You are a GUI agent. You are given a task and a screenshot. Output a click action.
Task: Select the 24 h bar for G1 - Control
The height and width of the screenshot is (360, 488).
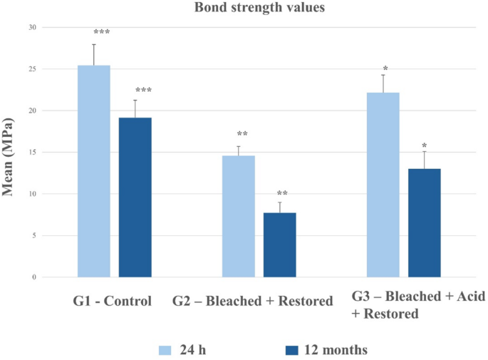tap(94, 171)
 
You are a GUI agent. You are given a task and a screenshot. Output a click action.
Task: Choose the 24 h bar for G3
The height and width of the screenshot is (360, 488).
tap(383, 185)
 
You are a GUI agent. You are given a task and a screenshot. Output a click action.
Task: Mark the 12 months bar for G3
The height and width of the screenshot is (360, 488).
tap(424, 222)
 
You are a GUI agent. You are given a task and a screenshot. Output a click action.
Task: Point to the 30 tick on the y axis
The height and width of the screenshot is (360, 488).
tap(32, 27)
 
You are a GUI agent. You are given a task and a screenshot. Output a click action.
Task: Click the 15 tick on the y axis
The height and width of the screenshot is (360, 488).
tap(32, 153)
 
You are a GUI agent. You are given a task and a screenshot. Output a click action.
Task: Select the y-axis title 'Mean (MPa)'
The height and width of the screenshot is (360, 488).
tap(11, 153)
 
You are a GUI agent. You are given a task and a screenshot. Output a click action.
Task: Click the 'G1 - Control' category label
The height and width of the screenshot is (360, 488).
tap(113, 301)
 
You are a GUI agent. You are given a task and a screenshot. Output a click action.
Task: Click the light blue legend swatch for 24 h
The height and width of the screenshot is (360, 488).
tap(163, 349)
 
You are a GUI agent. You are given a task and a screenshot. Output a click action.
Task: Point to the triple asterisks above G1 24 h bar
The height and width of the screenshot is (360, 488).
tap(102, 33)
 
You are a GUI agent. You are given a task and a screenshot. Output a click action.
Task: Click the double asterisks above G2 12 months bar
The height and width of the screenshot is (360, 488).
tap(282, 193)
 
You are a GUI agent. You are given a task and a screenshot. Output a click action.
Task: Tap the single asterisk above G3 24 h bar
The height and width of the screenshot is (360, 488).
tap(385, 69)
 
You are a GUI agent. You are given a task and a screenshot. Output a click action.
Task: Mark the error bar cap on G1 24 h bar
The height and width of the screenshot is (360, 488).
tap(94, 45)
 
